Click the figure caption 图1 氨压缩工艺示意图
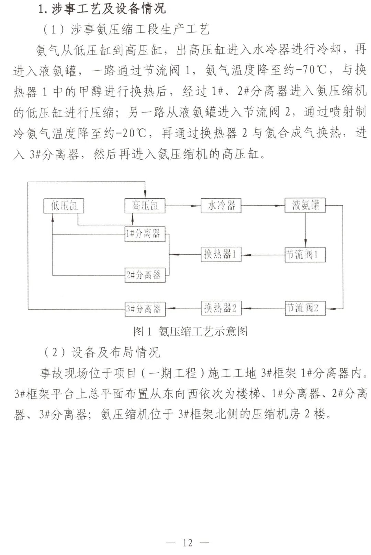click(x=190, y=331)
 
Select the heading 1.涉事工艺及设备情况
click(x=102, y=9)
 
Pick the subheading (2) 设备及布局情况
click(x=102, y=352)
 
